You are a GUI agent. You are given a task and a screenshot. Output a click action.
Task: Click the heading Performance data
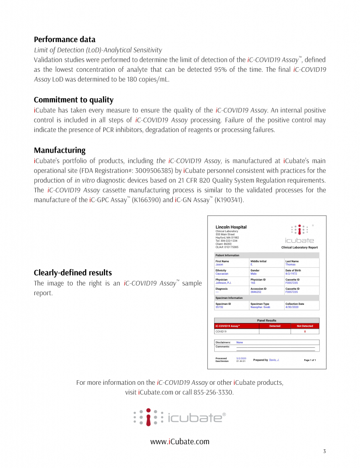[x=64, y=39]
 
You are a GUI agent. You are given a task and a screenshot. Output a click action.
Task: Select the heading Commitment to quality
[x=74, y=100]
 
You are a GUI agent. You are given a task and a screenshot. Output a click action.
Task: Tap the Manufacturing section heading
[x=59, y=150]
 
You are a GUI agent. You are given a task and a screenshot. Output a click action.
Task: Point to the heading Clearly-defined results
[x=73, y=273]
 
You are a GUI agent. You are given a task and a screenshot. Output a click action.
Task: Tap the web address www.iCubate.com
[x=180, y=441]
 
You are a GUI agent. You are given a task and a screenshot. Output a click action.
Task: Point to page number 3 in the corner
[x=324, y=452]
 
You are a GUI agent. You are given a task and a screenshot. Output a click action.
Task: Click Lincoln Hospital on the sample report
[x=231, y=227]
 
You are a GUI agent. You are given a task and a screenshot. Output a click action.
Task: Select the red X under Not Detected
[x=305, y=331]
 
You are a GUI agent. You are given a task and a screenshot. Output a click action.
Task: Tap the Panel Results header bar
[x=267, y=320]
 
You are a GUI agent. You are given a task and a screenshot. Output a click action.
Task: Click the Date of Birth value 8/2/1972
[x=291, y=273]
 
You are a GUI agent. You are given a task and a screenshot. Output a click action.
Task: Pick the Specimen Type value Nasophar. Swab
[x=260, y=307]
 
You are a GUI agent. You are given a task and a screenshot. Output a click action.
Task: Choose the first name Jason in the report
[x=219, y=265]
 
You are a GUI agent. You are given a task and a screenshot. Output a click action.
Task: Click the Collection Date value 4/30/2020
[x=291, y=307]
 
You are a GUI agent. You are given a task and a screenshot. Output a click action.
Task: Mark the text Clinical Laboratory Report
[x=299, y=247]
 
